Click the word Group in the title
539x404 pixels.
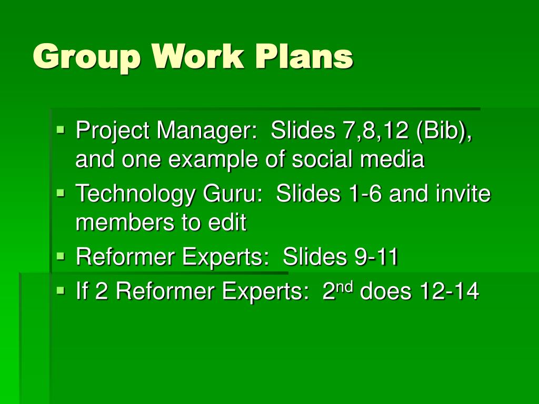[87, 57]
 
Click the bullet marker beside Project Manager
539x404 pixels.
[61, 130]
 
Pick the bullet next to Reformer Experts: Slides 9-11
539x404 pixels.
[61, 256]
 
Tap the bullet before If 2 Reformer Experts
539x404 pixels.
[61, 290]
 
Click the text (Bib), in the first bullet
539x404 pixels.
[443, 131]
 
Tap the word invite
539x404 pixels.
[463, 193]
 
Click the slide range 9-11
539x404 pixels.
[376, 256]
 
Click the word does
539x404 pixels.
[385, 291]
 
